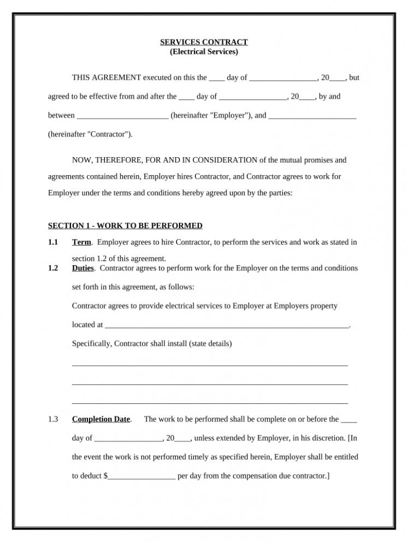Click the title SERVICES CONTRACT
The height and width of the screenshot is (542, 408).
204,42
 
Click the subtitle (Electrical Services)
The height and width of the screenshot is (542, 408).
204,52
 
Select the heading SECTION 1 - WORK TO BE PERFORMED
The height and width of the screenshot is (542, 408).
125,225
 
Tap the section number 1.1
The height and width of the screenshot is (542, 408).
53,242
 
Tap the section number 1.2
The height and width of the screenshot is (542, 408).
53,268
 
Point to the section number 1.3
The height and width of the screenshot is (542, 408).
53,419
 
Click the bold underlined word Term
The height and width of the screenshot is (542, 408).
81,242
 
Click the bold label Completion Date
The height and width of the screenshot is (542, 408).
101,419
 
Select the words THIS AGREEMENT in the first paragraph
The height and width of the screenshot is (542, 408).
107,78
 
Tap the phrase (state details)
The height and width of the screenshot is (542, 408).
211,343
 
